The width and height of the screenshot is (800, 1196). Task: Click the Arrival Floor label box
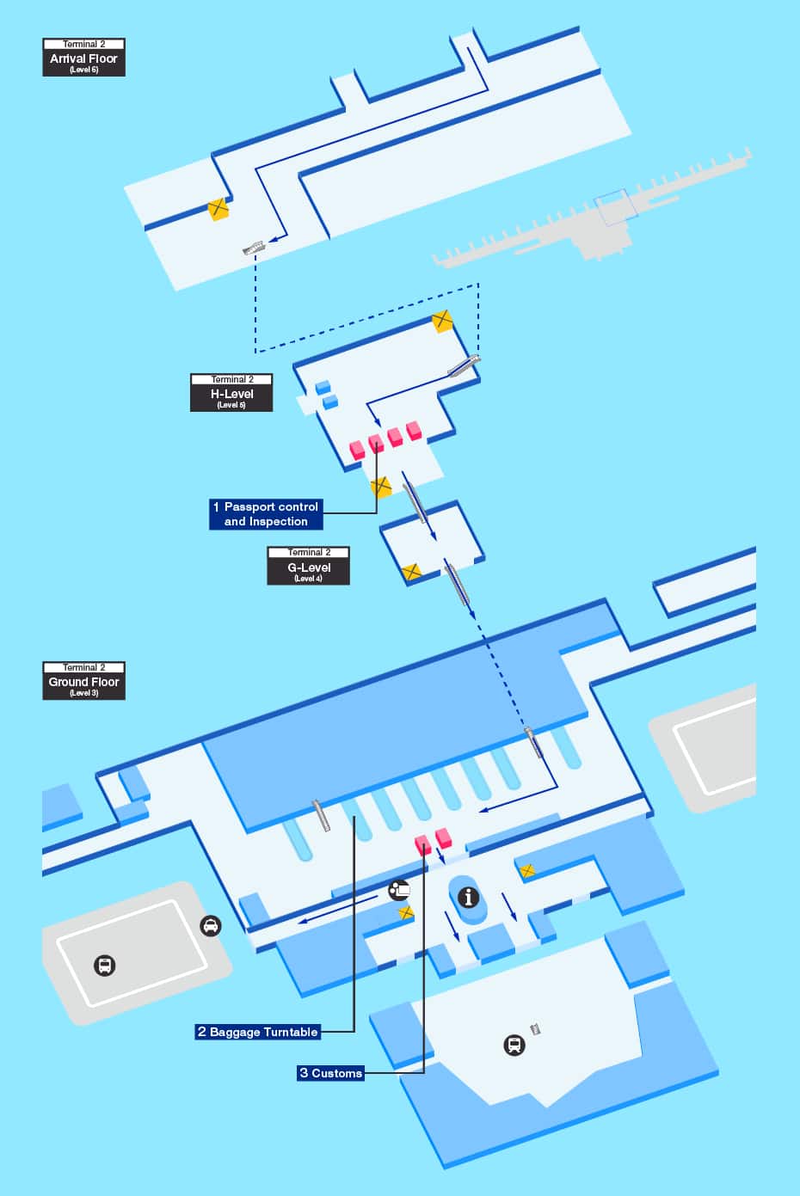(83, 57)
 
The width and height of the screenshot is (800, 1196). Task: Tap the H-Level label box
(231, 393)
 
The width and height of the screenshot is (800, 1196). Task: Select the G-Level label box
(308, 567)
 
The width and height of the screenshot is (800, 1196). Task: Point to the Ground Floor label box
(83, 680)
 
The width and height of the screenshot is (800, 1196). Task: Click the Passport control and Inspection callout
(266, 514)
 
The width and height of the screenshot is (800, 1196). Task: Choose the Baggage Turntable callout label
(258, 1032)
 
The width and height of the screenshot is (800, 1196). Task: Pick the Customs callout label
(331, 1073)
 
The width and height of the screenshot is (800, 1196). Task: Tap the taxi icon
(210, 926)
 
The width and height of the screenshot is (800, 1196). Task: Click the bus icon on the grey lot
(105, 966)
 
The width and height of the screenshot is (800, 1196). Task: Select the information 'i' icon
(469, 898)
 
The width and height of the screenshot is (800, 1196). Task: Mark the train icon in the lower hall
(514, 1046)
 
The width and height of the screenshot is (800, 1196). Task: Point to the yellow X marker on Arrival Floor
(219, 208)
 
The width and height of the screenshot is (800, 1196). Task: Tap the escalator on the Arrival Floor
(254, 248)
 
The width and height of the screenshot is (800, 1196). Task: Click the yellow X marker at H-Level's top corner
(442, 322)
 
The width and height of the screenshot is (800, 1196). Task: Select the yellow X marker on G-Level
(411, 572)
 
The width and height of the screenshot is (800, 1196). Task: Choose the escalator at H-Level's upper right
(463, 365)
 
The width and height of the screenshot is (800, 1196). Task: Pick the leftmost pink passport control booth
(357, 449)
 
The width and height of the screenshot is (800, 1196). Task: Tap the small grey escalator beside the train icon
(536, 1029)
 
